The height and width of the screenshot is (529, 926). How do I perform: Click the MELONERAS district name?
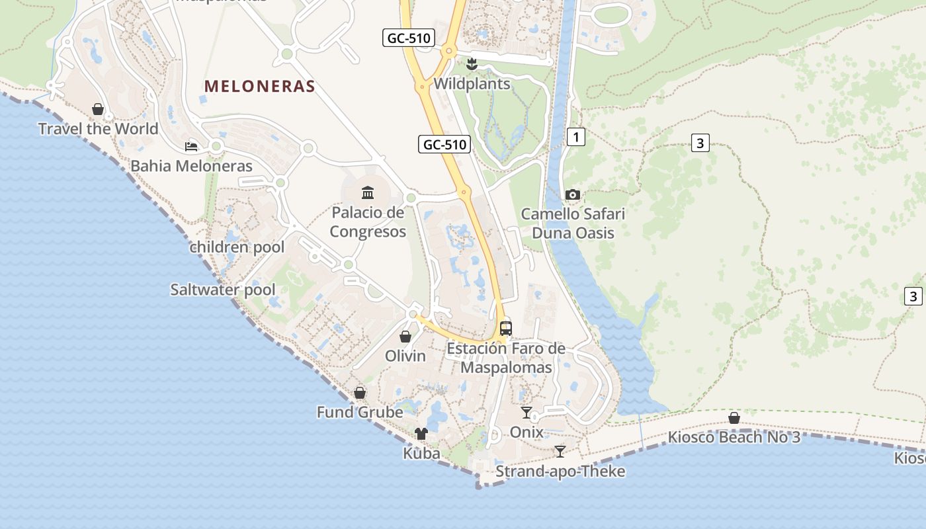[x=259, y=86]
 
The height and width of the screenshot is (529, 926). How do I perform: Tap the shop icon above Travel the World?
[x=98, y=109]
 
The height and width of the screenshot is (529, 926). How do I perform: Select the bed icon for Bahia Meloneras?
[x=191, y=146]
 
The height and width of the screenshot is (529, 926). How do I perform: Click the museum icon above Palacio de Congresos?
[x=368, y=192]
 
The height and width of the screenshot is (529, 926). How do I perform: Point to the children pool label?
[x=237, y=247]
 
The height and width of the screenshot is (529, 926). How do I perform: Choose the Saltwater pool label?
[x=223, y=290]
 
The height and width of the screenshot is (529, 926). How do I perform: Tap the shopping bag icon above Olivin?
[x=405, y=337]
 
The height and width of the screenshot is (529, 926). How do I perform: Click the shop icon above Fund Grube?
[x=360, y=393]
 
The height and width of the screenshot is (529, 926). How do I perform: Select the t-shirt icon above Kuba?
[x=421, y=434]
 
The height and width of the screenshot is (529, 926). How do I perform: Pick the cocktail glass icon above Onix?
[x=526, y=413]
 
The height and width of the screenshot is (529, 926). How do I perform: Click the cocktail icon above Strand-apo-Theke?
[x=560, y=452]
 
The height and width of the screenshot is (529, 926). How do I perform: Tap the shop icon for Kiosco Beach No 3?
[x=734, y=418]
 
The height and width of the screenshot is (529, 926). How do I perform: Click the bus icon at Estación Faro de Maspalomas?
[x=506, y=328]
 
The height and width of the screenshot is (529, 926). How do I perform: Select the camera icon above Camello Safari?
[x=573, y=194]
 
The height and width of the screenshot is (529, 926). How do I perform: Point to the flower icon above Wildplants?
[x=472, y=64]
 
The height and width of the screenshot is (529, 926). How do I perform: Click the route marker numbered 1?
[x=576, y=138]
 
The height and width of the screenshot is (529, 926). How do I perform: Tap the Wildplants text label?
[x=472, y=84]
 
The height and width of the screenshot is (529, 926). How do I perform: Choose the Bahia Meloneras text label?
[x=191, y=166]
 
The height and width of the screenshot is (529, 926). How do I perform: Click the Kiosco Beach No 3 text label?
[x=734, y=437]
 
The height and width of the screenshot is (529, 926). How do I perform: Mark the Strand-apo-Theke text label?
[x=560, y=471]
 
